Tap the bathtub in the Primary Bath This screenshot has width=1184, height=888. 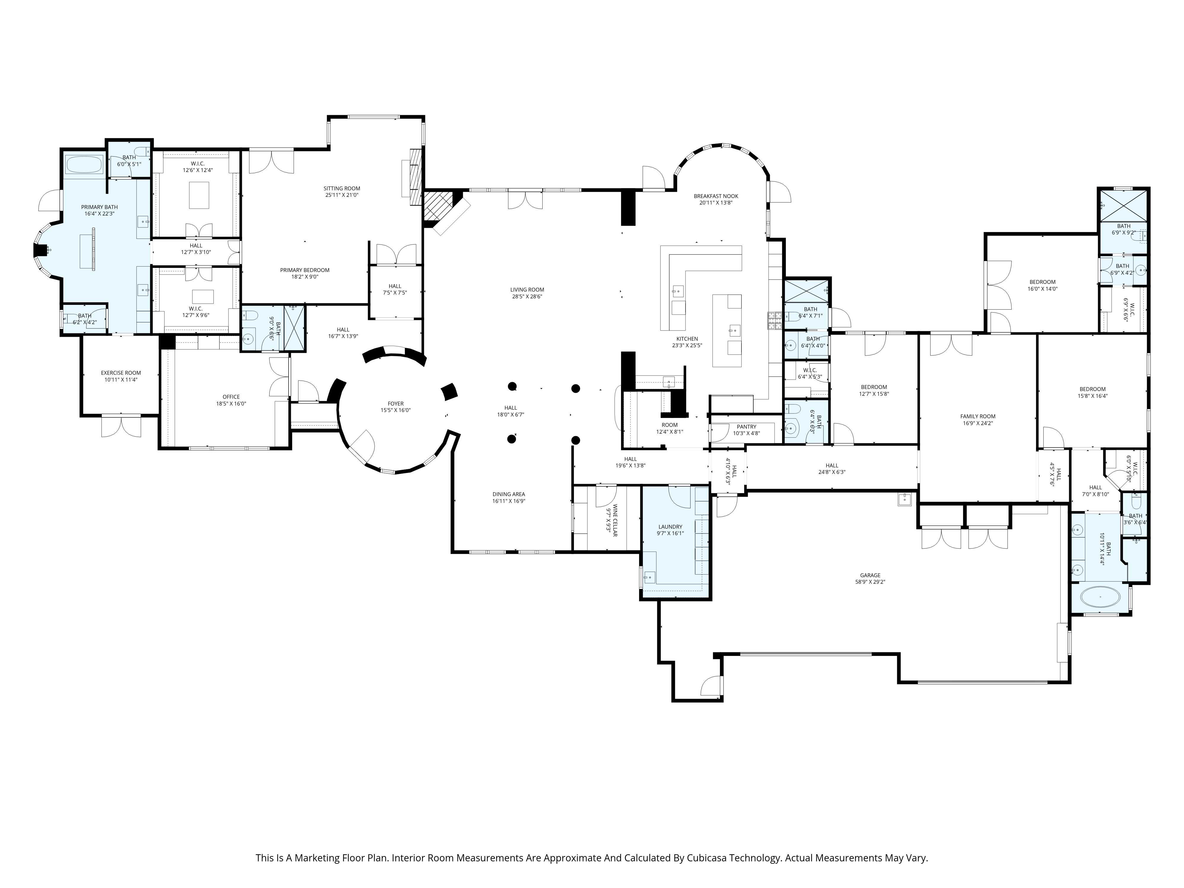tap(84, 164)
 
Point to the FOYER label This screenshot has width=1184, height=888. tap(395, 403)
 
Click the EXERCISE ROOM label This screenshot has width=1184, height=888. tap(121, 373)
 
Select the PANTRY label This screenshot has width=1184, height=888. tap(746, 427)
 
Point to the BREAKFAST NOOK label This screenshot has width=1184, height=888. tap(716, 196)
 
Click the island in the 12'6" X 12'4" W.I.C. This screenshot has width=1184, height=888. tap(199, 195)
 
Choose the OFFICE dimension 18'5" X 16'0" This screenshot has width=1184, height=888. tap(231, 403)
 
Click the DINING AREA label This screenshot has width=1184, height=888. tap(509, 494)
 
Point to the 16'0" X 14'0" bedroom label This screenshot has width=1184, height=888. tap(1042, 282)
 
